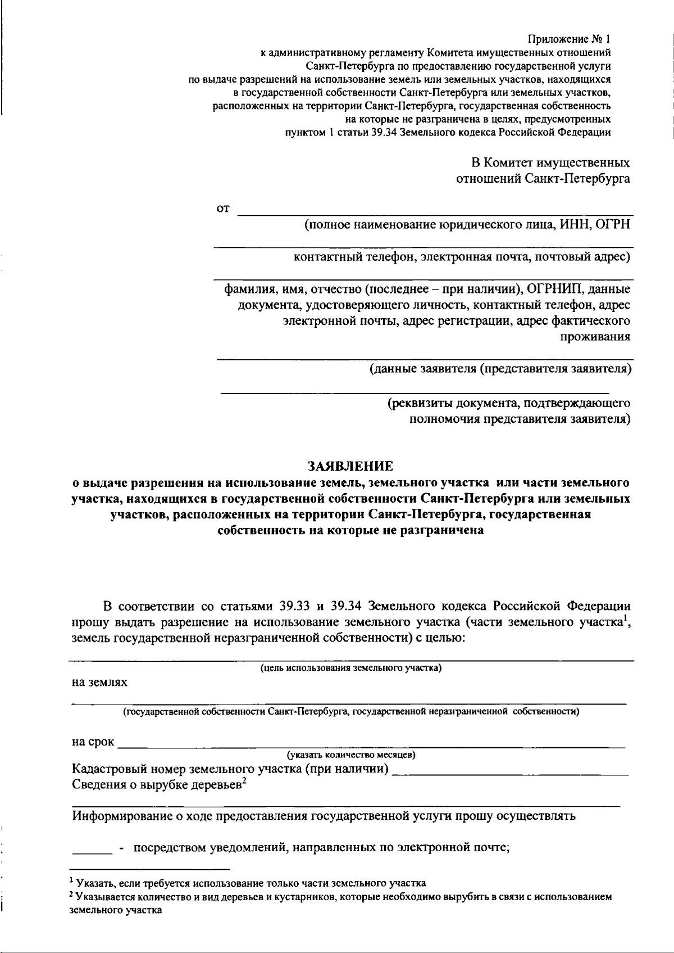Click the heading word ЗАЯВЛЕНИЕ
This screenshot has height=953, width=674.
(350, 466)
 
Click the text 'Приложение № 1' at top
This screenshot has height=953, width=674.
(568, 39)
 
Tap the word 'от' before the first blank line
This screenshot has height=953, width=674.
(223, 209)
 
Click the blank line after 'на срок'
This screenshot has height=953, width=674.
(371, 745)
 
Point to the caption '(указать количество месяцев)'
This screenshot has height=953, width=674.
(351, 754)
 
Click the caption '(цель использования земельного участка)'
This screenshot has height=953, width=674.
(351, 668)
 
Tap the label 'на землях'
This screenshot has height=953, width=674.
(99, 683)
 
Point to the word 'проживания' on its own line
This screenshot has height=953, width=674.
(595, 337)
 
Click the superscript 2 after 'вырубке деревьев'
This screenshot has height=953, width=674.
(245, 781)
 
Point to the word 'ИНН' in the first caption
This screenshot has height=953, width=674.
(573, 225)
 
